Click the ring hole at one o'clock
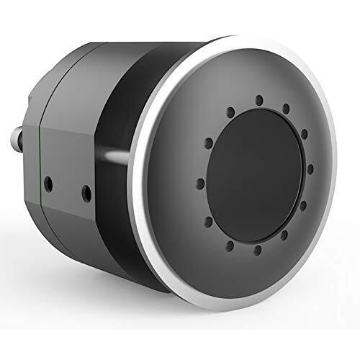pos(286,109)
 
